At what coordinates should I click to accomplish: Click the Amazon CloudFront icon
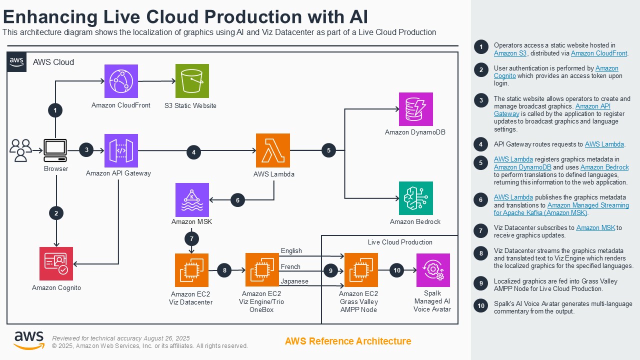[x=121, y=81]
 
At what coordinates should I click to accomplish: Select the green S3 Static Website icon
[x=192, y=81]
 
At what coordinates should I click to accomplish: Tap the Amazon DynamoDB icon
[x=415, y=109]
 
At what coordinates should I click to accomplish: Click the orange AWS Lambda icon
[x=273, y=150]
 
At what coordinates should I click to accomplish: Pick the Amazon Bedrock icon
[x=415, y=198]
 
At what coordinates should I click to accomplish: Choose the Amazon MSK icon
[x=192, y=199]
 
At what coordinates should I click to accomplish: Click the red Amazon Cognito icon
[x=56, y=263]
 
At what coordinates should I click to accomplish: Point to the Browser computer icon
[x=55, y=150]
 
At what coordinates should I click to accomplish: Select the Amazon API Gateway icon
[x=121, y=150]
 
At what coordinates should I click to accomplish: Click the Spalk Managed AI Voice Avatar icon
[x=433, y=270]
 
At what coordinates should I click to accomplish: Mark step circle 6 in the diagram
[x=237, y=200]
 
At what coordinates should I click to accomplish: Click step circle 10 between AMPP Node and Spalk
[x=397, y=270]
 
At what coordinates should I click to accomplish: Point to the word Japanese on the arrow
[x=294, y=281]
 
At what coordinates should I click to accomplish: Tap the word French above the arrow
[x=290, y=266]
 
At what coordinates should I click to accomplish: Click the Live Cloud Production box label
[x=400, y=242]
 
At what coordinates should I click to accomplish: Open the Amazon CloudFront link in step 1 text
[x=599, y=53]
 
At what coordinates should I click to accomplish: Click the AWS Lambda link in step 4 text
[x=604, y=144]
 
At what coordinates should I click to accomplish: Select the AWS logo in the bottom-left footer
[x=29, y=340]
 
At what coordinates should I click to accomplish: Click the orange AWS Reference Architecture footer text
[x=348, y=341]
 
